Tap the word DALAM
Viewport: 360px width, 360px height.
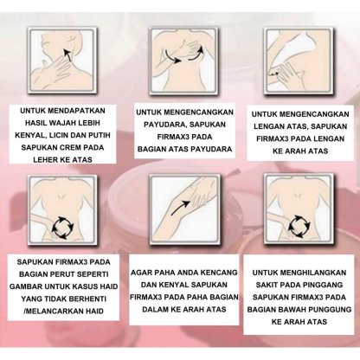click(x=148, y=306)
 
